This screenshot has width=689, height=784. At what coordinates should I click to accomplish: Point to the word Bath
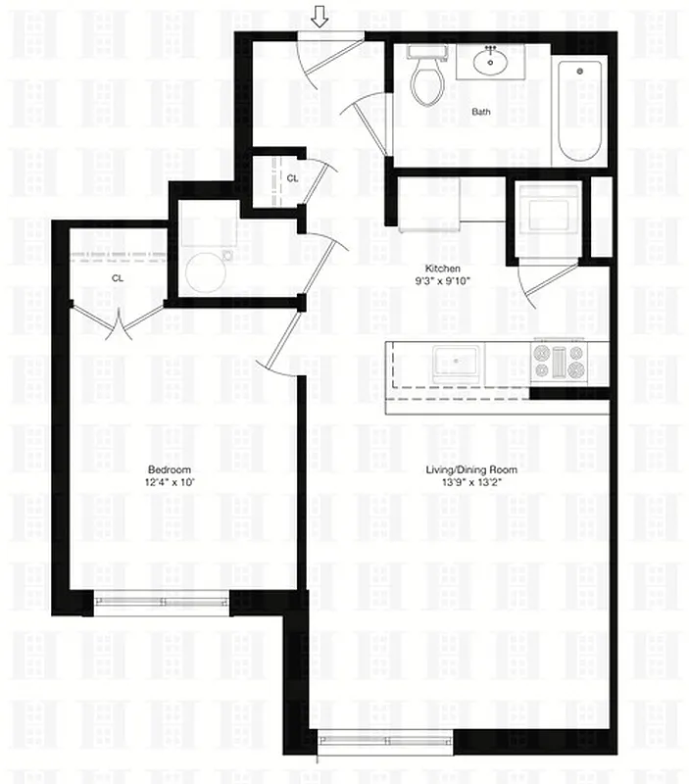point(481,112)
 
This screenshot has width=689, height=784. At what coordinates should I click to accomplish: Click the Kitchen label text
point(442,269)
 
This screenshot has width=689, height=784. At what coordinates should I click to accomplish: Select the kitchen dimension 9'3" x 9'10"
point(442,282)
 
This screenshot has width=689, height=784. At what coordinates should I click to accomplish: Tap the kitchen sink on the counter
point(457,365)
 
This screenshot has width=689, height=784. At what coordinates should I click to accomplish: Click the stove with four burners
point(558,363)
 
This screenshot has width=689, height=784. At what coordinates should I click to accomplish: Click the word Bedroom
point(170,469)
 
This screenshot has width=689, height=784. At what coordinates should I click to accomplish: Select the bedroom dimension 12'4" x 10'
point(170,483)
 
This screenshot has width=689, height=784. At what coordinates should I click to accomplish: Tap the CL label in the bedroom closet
point(118,278)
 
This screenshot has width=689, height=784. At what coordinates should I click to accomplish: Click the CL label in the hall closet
point(292,177)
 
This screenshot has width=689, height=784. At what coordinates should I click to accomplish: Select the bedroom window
point(162,600)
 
